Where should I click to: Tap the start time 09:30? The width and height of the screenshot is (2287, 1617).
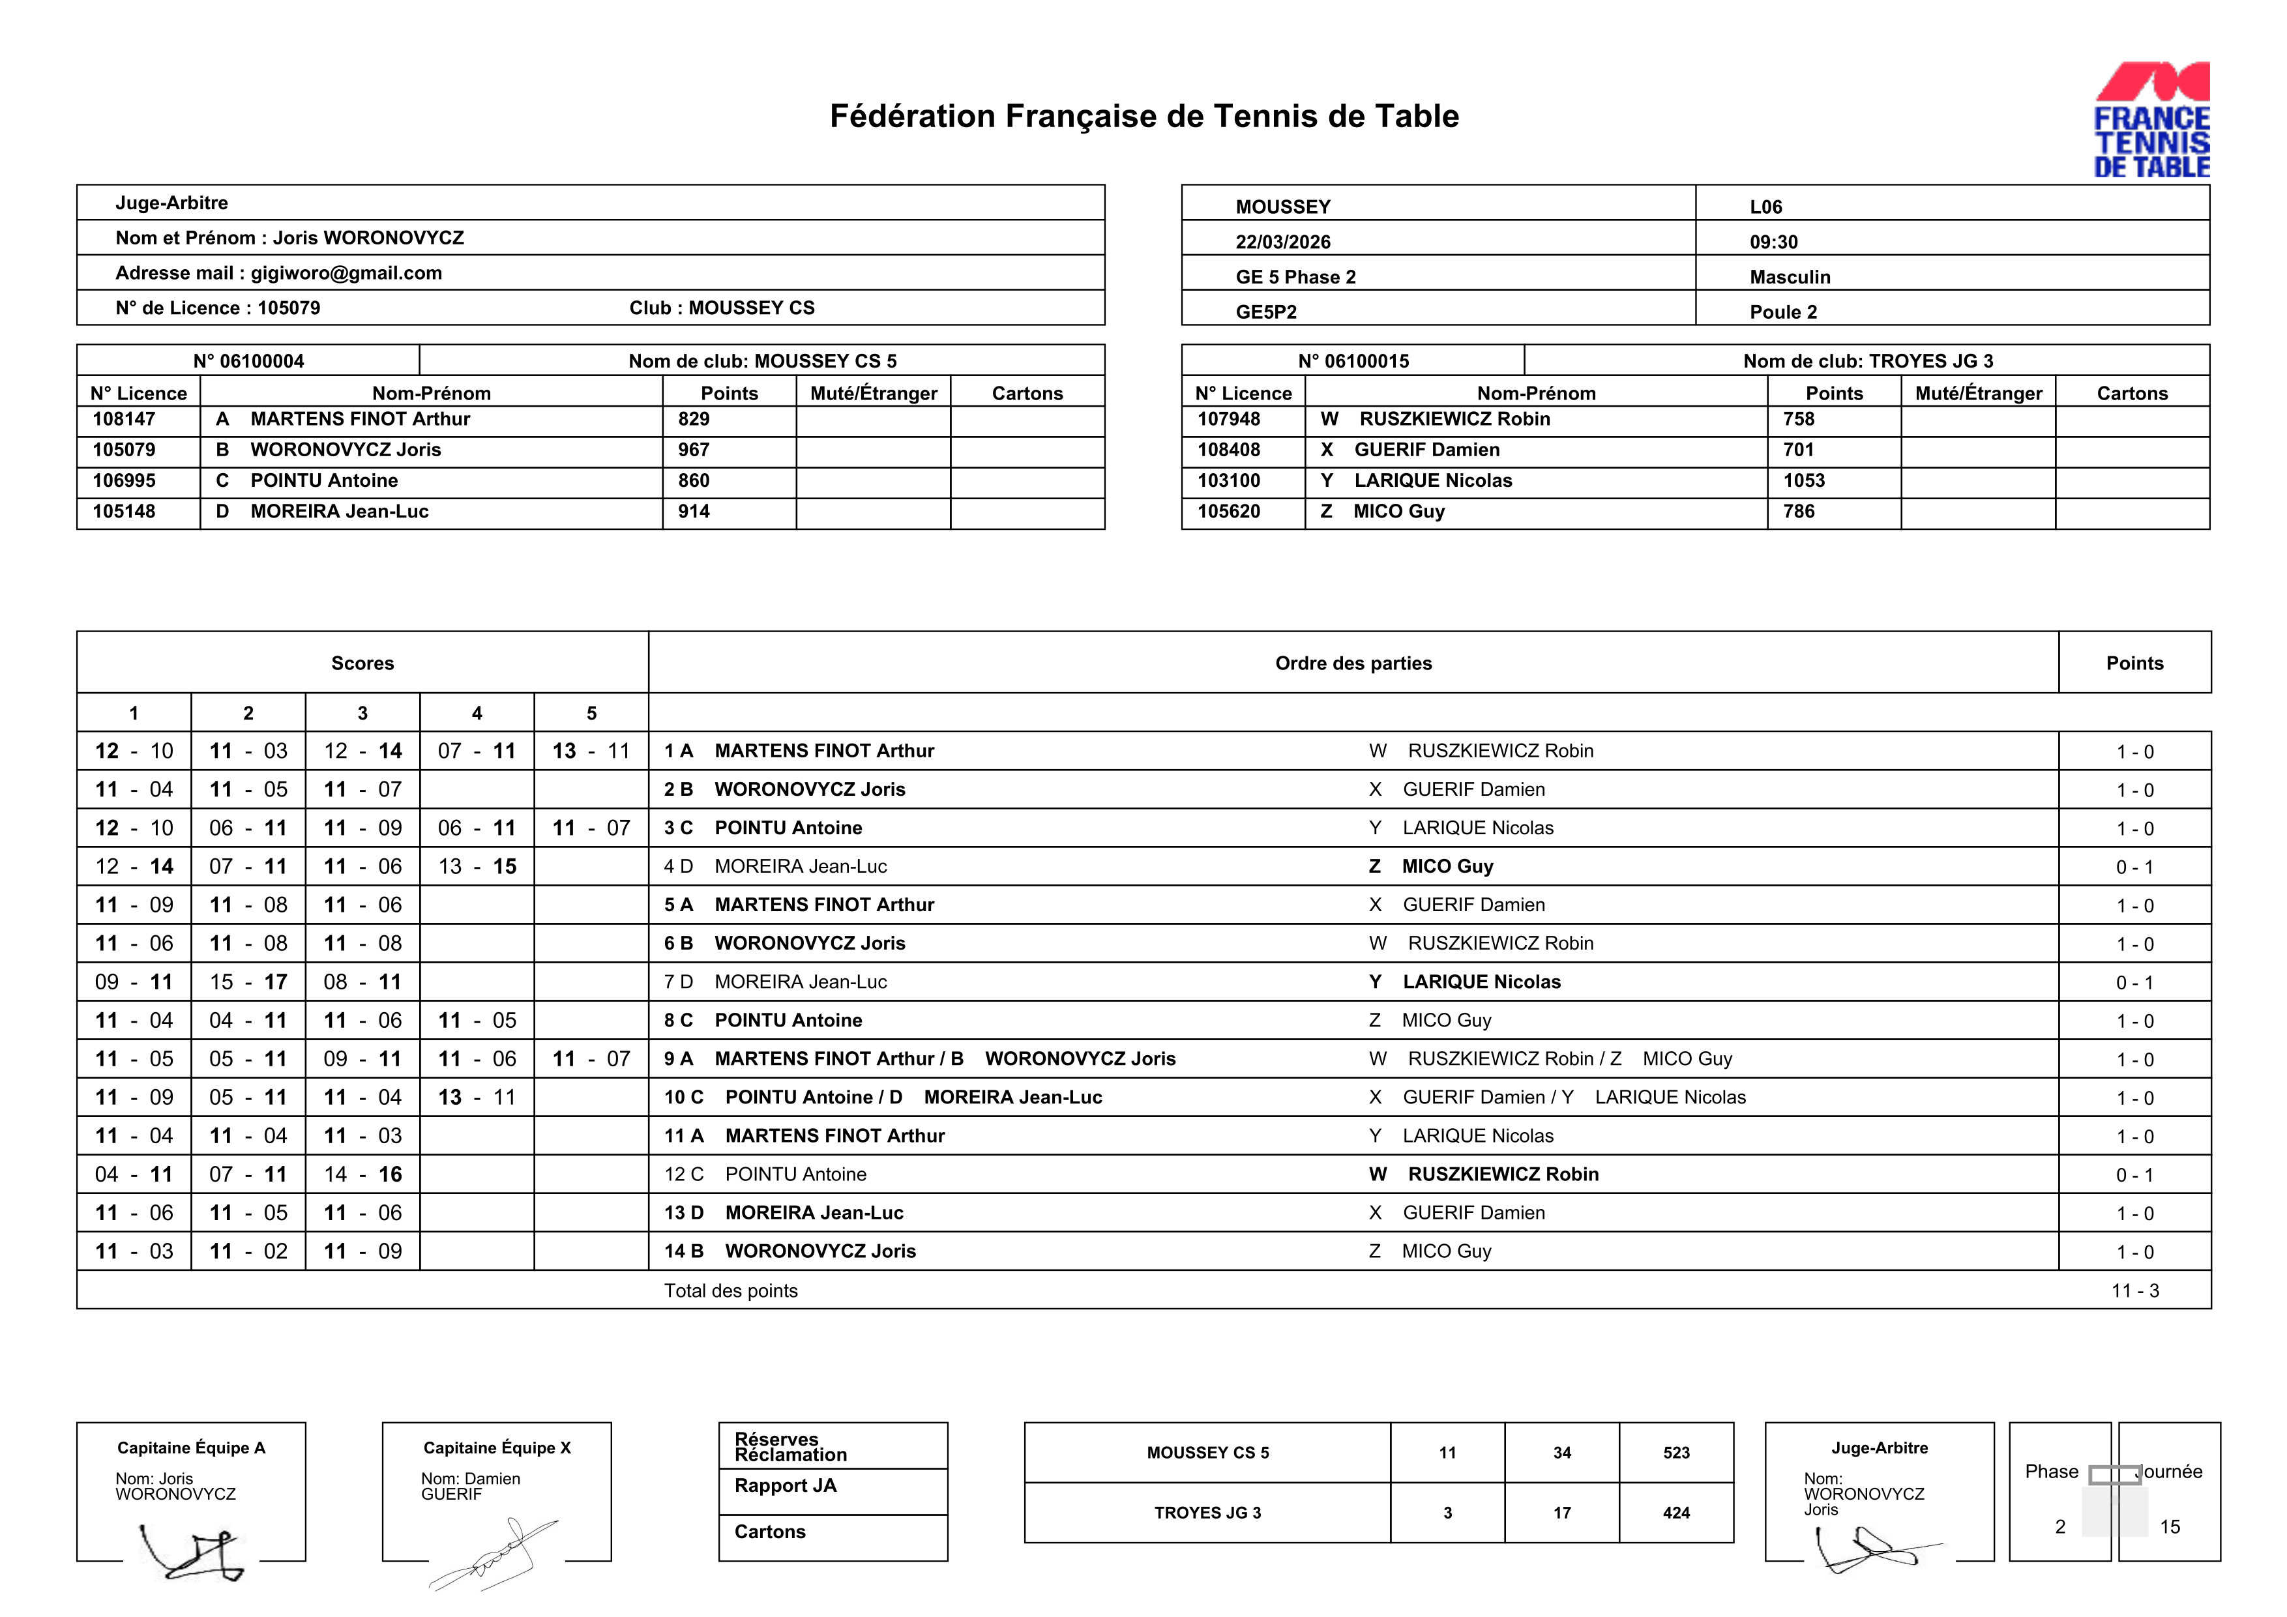1773,242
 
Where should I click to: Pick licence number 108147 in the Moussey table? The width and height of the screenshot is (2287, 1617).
125,419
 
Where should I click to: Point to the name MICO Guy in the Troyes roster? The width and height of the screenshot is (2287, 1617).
1398,512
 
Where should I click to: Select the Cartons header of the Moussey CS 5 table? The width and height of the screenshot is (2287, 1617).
1027,393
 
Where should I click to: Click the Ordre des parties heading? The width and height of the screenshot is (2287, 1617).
1353,663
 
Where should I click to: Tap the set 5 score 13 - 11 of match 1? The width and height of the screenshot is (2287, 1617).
591,751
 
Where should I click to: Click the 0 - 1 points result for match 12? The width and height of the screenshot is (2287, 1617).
2134,1175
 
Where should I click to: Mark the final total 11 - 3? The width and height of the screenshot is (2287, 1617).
2134,1290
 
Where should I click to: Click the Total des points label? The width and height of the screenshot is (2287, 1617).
730,1290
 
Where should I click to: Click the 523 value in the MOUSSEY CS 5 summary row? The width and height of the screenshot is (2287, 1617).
1675,1453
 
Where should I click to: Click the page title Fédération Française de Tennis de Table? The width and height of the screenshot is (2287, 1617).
1143,117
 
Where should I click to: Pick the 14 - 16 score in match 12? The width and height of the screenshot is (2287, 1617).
362,1175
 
